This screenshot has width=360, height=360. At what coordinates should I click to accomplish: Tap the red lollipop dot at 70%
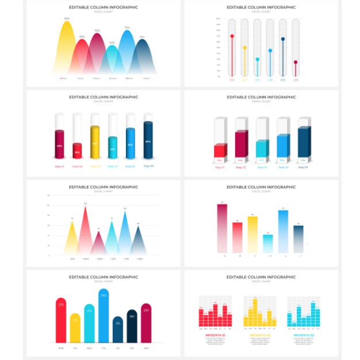pyautogui.click(x=232, y=36)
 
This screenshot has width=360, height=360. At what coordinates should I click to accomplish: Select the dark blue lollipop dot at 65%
pyautogui.click(x=283, y=39)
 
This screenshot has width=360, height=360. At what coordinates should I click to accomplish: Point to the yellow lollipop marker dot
pyautogui.click(x=244, y=48)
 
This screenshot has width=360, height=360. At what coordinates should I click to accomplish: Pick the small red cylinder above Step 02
pyautogui.click(x=77, y=150)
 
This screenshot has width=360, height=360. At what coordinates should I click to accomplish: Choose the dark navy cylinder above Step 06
pyautogui.click(x=148, y=140)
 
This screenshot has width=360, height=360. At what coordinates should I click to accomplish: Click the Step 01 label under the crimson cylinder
pyautogui.click(x=59, y=166)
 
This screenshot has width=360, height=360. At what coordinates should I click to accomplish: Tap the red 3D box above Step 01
pyautogui.click(x=220, y=151)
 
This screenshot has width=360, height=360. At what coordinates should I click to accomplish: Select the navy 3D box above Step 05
pyautogui.click(x=303, y=143)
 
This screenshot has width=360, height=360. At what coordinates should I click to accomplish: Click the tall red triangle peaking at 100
pyautogui.click(x=86, y=230)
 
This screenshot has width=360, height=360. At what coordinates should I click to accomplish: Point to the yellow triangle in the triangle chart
pyautogui.click(x=71, y=239)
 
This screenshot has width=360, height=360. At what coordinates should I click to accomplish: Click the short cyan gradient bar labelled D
pyautogui.click(x=268, y=243)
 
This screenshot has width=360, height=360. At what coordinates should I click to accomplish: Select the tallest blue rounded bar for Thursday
pyautogui.click(x=104, y=316)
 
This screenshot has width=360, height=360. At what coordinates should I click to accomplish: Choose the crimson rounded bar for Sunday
pyautogui.click(x=146, y=323)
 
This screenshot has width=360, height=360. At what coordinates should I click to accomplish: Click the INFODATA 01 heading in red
pyautogui.click(x=215, y=335)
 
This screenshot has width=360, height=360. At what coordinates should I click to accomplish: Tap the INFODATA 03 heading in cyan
pyautogui.click(x=304, y=335)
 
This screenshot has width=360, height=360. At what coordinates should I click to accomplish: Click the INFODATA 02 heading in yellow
pyautogui.click(x=259, y=335)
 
